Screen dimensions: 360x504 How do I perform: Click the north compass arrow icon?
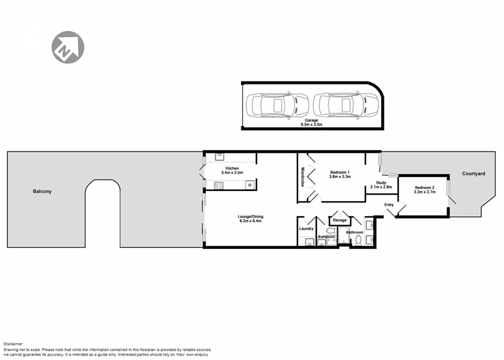point(67,47)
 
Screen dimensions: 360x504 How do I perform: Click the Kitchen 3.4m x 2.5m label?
point(232,170)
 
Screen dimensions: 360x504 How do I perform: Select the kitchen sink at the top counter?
point(220,157)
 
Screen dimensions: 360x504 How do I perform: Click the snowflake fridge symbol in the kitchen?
point(249,185)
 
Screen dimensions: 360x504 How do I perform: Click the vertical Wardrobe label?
point(303,177)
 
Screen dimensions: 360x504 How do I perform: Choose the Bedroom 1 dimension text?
point(340,177)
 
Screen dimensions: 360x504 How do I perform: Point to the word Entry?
point(389,204)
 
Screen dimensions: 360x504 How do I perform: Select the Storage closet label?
point(340,220)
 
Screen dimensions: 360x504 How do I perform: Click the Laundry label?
point(307,229)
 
